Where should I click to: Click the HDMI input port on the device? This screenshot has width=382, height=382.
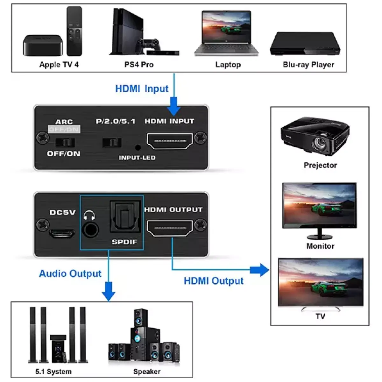pyautogui.click(x=169, y=141)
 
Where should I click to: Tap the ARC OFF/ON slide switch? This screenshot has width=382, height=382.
pyautogui.click(x=65, y=142)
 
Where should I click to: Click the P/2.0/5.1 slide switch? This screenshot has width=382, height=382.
pyautogui.click(x=112, y=142)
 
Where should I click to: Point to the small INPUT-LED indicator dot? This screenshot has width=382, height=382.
pyautogui.click(x=138, y=148)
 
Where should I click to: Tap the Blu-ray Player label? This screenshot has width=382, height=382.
pyautogui.click(x=308, y=65)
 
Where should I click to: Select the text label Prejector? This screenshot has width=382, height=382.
pyautogui.click(x=320, y=165)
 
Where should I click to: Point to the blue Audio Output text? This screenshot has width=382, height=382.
pyautogui.click(x=70, y=273)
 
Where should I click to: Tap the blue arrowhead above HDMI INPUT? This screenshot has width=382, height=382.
pyautogui.click(x=174, y=109)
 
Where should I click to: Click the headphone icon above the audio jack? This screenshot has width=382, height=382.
pyautogui.click(x=89, y=216)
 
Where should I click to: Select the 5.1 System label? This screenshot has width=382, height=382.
pyautogui.click(x=53, y=371)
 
